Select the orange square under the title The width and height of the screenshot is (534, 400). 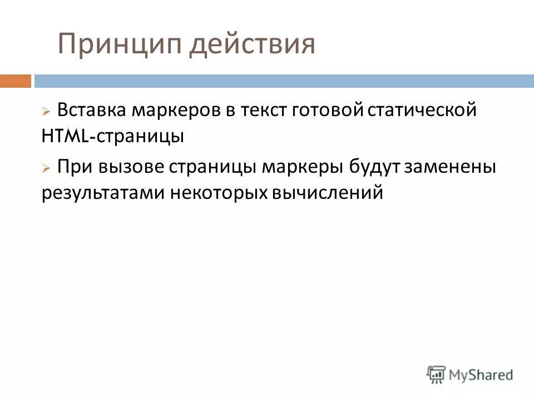pos(15,81)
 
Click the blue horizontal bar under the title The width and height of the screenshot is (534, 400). pos(284,81)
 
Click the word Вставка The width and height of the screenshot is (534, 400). pos(92,110)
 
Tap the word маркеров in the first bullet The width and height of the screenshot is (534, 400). pos(176,110)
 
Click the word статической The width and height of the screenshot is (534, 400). pos(423,110)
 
